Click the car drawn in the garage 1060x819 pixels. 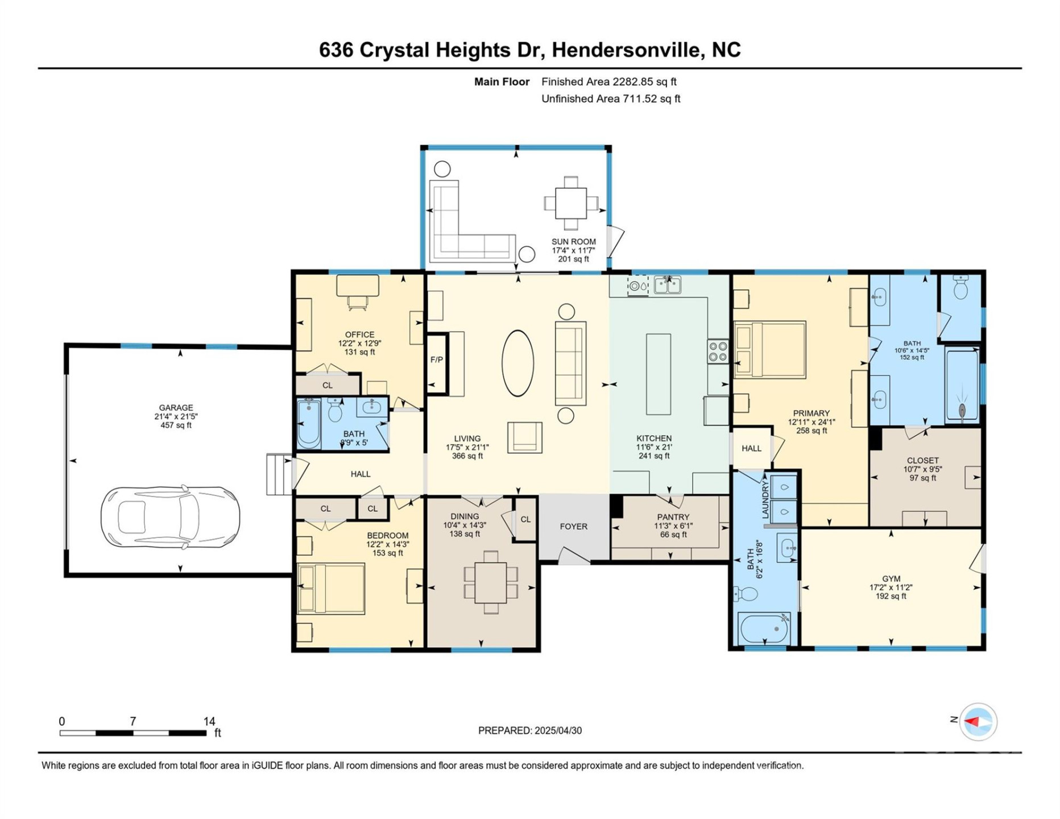pyautogui.click(x=170, y=517)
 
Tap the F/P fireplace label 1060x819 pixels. pyautogui.click(x=436, y=360)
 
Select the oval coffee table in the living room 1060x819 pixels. pyautogui.click(x=517, y=363)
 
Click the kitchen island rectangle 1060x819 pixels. pyautogui.click(x=658, y=374)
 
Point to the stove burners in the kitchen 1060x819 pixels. pyautogui.click(x=718, y=351)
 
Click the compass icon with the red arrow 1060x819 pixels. pyautogui.click(x=978, y=722)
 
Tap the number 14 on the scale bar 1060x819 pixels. pyautogui.click(x=209, y=721)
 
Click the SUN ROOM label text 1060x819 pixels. pyautogui.click(x=573, y=242)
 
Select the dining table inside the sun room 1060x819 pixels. pyautogui.click(x=571, y=203)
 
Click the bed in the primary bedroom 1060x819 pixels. pyautogui.click(x=770, y=350)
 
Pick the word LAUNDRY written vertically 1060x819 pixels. pyautogui.click(x=765, y=499)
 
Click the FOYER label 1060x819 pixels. pyautogui.click(x=573, y=527)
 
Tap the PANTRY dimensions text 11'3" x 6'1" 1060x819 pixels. pyautogui.click(x=673, y=526)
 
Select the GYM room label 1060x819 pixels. pyautogui.click(x=891, y=579)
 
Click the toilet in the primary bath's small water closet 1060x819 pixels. pyautogui.click(x=960, y=289)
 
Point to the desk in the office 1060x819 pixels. pyautogui.click(x=358, y=286)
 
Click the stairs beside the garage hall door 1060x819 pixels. pyautogui.click(x=279, y=474)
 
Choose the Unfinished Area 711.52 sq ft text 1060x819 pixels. pyautogui.click(x=610, y=99)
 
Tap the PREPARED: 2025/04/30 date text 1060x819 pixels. pyautogui.click(x=529, y=731)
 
